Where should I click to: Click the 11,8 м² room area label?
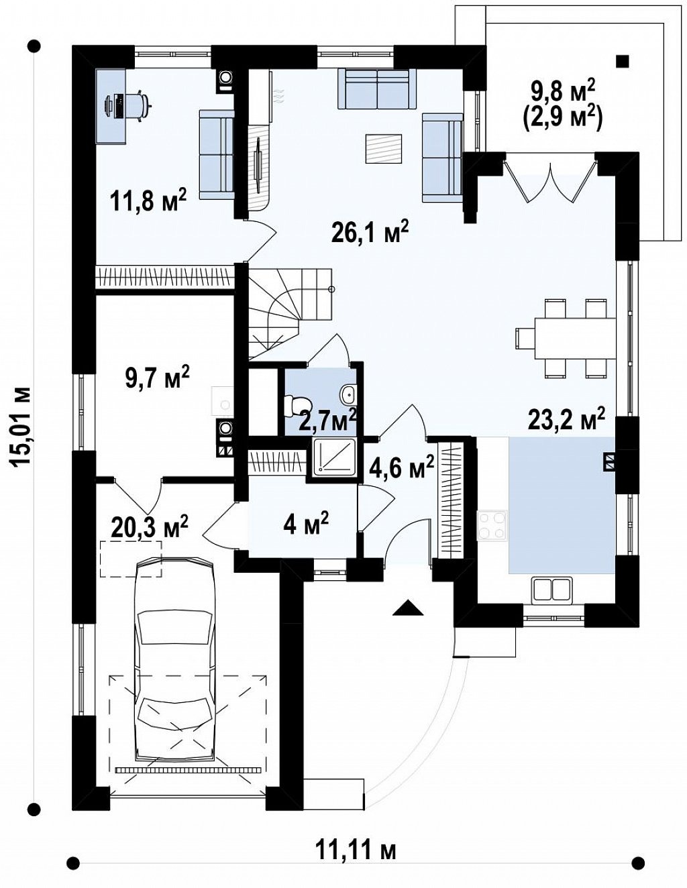[148, 201]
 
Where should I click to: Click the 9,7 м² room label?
[156, 377]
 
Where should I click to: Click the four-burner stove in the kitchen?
[492, 525]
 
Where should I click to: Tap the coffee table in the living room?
[384, 148]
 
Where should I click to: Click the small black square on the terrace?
[623, 61]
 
